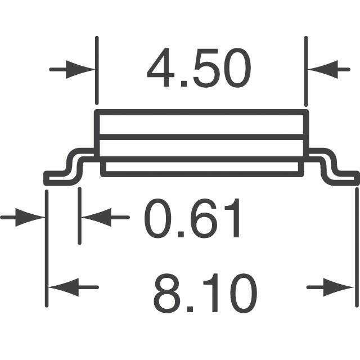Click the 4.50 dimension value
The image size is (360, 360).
[199, 67]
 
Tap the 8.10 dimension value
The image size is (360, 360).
[205, 292]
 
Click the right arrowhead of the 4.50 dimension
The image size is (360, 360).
[323, 69]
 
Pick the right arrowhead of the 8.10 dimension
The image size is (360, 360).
[338, 287]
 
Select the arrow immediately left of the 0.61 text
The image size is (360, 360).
[105, 218]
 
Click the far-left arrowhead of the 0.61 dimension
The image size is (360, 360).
[30, 218]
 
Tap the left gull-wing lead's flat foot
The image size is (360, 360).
[57, 178]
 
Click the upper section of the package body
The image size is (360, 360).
[201, 124]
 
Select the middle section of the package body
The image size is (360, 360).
[201, 148]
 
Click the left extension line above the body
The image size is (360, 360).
[97, 70]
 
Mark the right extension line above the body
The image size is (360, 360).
[306, 71]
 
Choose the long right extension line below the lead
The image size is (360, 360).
[357, 247]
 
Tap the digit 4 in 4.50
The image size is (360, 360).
[161, 67]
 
